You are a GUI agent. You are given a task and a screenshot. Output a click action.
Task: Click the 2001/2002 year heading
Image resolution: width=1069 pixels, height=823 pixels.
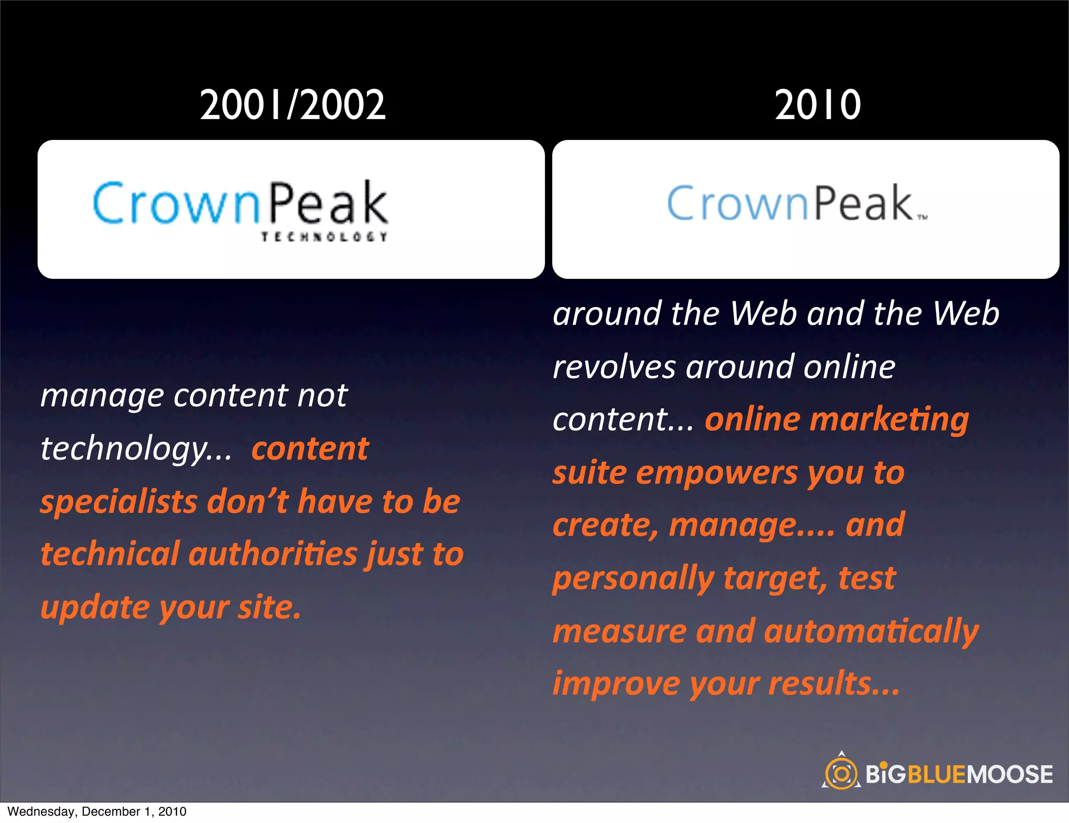292,105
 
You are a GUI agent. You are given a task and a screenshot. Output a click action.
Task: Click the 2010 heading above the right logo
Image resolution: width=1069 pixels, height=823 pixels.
817,105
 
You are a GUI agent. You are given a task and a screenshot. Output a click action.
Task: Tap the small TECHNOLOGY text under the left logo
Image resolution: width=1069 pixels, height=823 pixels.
324,237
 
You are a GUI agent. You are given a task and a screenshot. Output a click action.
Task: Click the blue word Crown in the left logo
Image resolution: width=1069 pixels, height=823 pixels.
176,204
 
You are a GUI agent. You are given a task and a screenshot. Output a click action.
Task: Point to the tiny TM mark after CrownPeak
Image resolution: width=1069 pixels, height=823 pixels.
922,218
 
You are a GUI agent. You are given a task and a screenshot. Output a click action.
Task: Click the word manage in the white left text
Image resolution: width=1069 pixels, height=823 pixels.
102,396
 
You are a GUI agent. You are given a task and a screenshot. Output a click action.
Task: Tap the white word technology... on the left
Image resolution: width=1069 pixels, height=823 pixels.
136,449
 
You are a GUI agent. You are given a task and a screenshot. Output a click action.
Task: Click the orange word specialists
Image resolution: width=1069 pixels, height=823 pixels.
118,502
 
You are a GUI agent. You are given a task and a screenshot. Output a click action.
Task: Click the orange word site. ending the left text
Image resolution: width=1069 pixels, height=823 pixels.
269,608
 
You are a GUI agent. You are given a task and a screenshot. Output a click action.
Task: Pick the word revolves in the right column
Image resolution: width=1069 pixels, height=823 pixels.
614,367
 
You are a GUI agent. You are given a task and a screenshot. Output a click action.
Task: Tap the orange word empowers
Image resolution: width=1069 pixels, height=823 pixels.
717,473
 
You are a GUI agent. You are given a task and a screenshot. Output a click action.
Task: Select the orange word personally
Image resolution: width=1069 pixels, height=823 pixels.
633,579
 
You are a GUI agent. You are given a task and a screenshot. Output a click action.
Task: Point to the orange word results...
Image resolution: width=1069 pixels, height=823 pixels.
834,684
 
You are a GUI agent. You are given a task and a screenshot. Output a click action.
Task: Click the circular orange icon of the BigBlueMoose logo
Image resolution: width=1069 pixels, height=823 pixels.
841,773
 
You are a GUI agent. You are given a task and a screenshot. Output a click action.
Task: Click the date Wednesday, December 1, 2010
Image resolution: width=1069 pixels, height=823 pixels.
97,812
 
